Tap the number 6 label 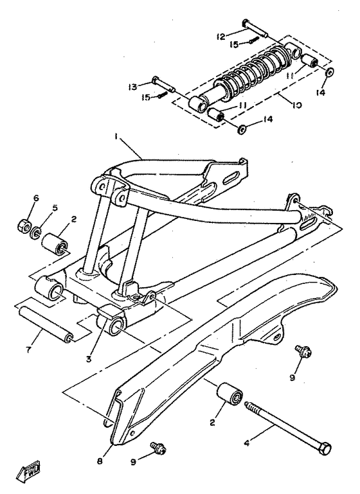point(37,199)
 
